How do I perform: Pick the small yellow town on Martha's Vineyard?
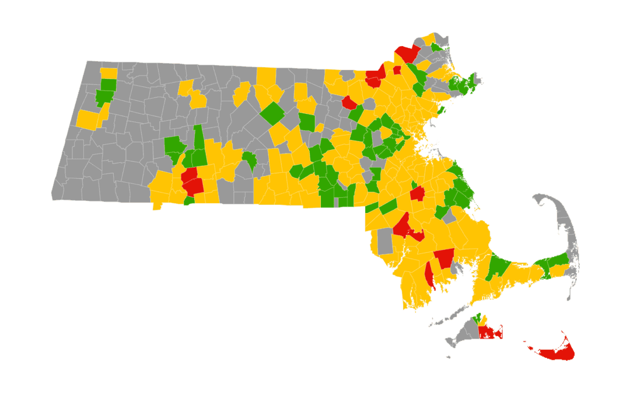[x=484, y=320]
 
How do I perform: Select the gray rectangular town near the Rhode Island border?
[x=384, y=241]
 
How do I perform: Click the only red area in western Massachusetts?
[x=191, y=182]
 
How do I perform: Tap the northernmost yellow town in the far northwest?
[x=108, y=73]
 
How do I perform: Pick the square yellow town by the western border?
[x=87, y=119]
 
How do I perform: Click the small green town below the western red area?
[x=189, y=200]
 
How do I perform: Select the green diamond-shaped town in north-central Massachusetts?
[x=272, y=113]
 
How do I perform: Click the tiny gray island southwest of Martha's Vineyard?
[x=447, y=357]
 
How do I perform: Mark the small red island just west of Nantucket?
[x=531, y=348]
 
